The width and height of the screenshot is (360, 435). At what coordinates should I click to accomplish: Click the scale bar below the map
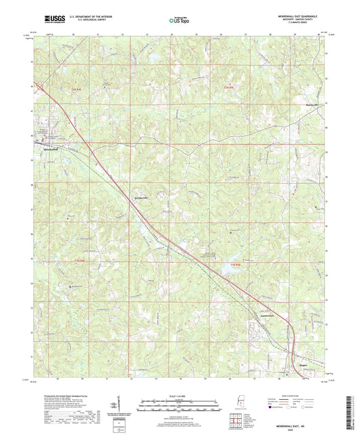click(179, 408)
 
